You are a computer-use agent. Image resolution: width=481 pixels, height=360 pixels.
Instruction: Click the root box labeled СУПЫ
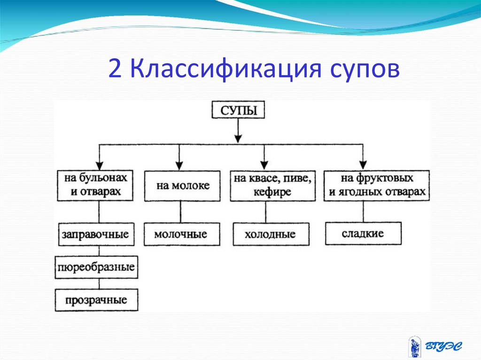coord(238,111)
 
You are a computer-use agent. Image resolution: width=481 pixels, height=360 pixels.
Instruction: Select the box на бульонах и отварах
coord(99,185)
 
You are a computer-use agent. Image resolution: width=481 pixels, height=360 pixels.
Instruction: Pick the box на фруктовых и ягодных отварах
coord(377,185)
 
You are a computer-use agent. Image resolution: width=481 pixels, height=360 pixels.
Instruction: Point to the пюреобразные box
coord(97,268)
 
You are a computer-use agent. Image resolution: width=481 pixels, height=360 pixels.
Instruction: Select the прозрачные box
coord(97,300)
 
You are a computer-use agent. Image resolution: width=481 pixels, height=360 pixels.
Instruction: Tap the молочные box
coord(181,234)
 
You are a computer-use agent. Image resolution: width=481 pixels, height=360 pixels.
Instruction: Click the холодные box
coord(270,234)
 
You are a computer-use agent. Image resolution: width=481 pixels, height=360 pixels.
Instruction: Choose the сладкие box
coord(363,233)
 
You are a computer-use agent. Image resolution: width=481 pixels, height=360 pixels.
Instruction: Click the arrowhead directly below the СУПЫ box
coord(238,138)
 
